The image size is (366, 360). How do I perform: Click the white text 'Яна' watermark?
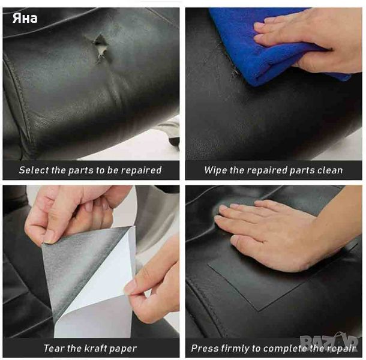coord(25,18)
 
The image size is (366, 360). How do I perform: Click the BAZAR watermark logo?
coord(329,341)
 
